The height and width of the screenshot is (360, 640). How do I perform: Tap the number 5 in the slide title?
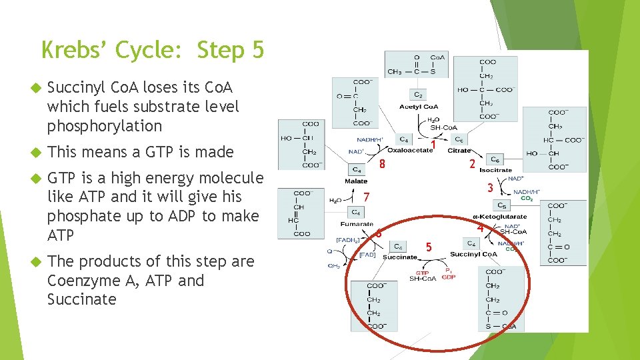pyautogui.click(x=257, y=50)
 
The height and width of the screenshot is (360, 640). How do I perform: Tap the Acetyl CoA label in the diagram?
pyautogui.click(x=419, y=107)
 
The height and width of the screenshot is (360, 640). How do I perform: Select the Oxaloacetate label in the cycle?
pyautogui.click(x=410, y=150)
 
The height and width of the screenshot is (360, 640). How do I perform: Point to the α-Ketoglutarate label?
pyautogui.click(x=499, y=216)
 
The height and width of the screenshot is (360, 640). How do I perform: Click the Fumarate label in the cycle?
pyautogui.click(x=356, y=224)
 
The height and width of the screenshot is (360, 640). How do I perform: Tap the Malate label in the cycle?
pyautogui.click(x=356, y=181)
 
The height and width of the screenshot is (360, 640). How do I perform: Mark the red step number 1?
pyautogui.click(x=433, y=144)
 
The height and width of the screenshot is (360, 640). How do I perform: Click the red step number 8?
pyautogui.click(x=382, y=164)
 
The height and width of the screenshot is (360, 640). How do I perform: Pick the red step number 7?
pyautogui.click(x=367, y=197)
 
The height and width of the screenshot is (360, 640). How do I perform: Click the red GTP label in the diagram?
pyautogui.click(x=422, y=272)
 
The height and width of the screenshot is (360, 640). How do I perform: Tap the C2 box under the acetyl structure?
pyautogui.click(x=418, y=95)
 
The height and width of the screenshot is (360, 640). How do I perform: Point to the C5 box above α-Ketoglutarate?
pyautogui.click(x=502, y=205)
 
